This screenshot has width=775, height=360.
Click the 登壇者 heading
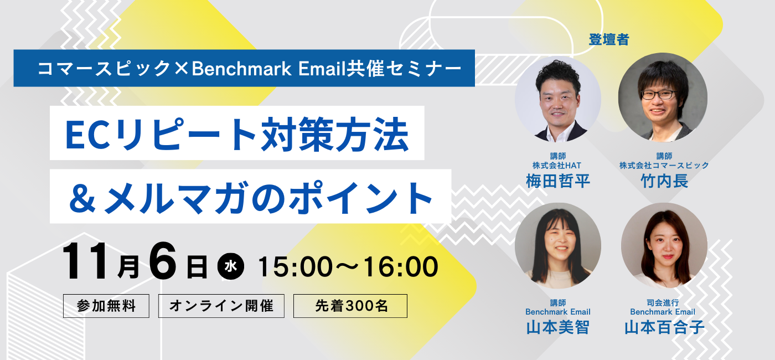609,39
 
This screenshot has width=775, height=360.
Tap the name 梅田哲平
558,181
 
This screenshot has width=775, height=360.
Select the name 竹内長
664,181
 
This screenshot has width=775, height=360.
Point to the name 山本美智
558,327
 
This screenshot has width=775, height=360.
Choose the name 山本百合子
664,327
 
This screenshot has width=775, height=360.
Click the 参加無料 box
106,306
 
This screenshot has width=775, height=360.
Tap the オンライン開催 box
221,306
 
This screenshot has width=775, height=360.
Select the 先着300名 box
350,306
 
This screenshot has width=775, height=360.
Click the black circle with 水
231,266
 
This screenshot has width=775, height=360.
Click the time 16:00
401,266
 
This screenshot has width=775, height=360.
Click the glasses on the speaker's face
659,94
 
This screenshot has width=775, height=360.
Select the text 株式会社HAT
557,166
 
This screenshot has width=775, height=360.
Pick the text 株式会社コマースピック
664,166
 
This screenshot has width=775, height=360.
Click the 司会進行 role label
663,302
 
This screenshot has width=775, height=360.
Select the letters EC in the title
89,135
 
